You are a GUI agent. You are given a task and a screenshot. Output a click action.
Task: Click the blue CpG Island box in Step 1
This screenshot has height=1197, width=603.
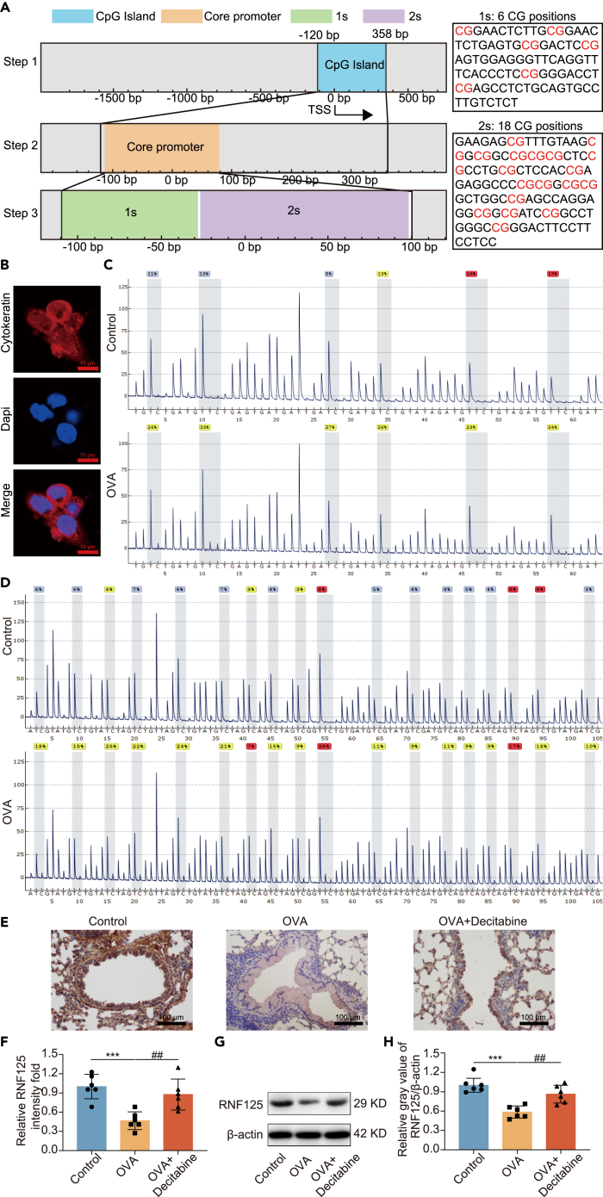tap(351, 64)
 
